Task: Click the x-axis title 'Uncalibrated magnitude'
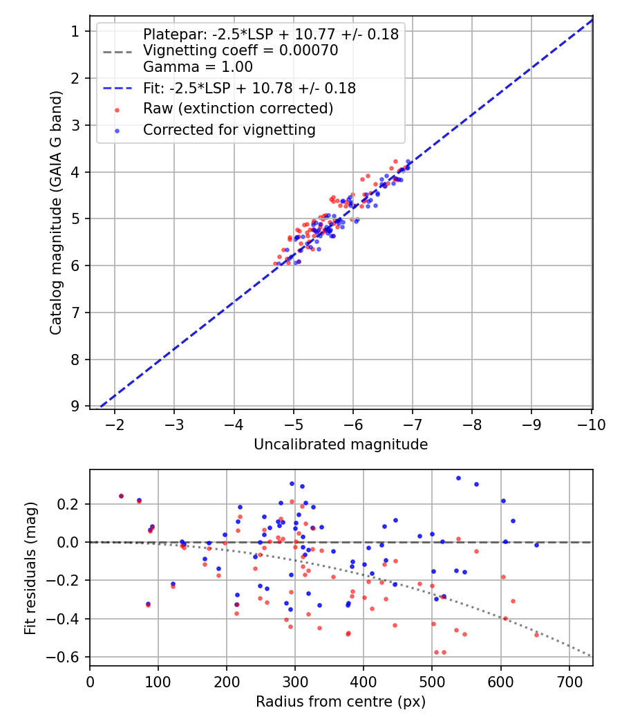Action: pyautogui.click(x=341, y=445)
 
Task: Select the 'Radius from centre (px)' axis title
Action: pyautogui.click(x=341, y=702)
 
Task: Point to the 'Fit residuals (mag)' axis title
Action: pyautogui.click(x=29, y=568)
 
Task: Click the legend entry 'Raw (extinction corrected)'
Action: pyautogui.click(x=238, y=109)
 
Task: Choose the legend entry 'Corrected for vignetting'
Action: pyautogui.click(x=229, y=129)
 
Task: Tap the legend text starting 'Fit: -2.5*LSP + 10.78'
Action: pyautogui.click(x=249, y=89)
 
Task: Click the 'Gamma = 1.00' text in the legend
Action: pyautogui.click(x=198, y=67)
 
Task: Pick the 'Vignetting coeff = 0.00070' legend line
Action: pyautogui.click(x=241, y=50)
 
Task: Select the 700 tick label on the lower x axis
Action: pyautogui.click(x=569, y=681)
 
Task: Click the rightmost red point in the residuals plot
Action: pyautogui.click(x=536, y=634)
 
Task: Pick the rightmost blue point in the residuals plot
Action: pyautogui.click(x=536, y=545)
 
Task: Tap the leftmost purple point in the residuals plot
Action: pyautogui.click(x=121, y=496)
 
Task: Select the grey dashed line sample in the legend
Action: pyautogui.click(x=117, y=52)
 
